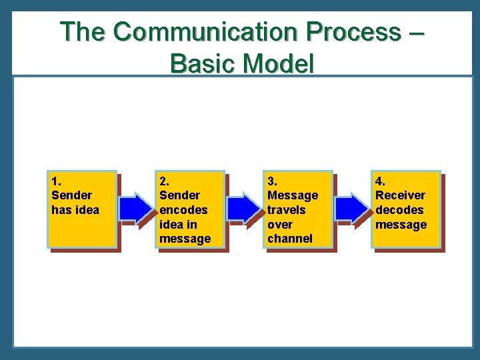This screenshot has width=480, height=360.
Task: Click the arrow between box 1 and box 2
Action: (x=137, y=209)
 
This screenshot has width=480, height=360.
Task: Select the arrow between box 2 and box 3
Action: (x=245, y=209)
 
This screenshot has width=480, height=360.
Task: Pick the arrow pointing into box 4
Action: (x=351, y=209)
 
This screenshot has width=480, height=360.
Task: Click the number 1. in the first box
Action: (x=55, y=181)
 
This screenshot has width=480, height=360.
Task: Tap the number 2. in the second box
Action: (x=163, y=181)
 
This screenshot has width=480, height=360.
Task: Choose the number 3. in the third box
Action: (x=272, y=181)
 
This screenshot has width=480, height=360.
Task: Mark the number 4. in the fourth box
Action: (x=379, y=181)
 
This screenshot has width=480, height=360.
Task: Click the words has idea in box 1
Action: (x=75, y=210)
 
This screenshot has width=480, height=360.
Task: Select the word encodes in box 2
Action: (x=183, y=210)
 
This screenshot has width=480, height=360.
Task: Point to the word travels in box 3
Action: (x=287, y=210)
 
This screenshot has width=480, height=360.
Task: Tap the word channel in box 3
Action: (x=289, y=239)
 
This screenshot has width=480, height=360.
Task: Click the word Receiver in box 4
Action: (x=400, y=195)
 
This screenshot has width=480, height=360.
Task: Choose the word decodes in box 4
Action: (x=399, y=210)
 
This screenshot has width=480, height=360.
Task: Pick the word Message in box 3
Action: (x=293, y=195)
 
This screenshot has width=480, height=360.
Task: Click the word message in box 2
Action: (x=185, y=239)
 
